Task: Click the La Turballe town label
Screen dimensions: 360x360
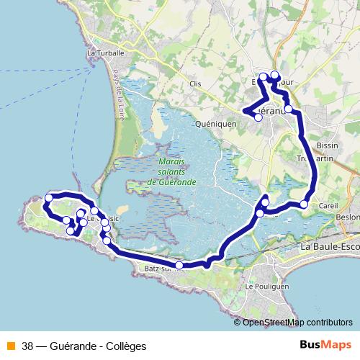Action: coord(106,53)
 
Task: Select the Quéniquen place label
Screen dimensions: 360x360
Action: coord(216,123)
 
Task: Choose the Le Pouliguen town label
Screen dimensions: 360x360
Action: coord(264,286)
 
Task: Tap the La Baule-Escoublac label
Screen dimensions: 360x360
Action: coord(329,248)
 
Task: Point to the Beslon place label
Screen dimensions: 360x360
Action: coord(348,216)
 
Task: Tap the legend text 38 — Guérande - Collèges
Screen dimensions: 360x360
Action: coord(84,346)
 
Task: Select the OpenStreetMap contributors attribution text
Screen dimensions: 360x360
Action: coord(297,323)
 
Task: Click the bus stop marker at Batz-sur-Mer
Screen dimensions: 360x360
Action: coord(179,266)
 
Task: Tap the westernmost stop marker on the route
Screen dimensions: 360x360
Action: coord(49,198)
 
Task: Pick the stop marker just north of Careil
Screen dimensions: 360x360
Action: coord(304,205)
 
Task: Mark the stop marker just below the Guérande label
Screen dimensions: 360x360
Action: coord(258,117)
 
